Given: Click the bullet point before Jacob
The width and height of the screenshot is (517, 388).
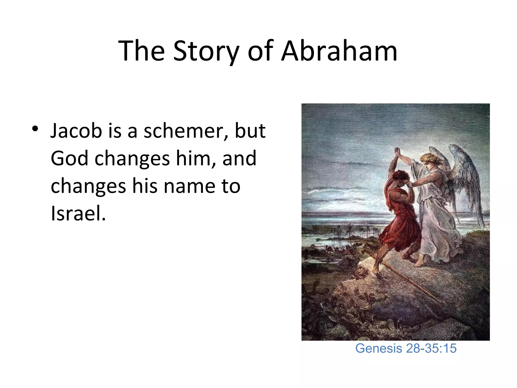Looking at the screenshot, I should point(35,129).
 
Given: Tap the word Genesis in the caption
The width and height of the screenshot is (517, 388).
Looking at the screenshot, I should point(378,348).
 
